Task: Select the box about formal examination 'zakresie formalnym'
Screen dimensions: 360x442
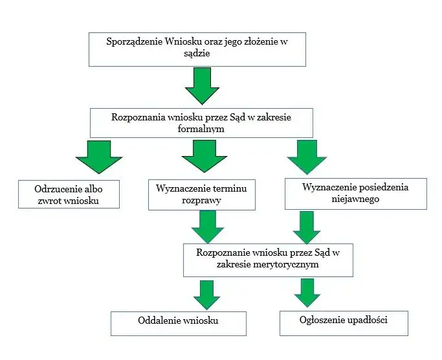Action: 201,122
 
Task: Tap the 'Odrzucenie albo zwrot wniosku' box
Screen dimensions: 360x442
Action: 69,194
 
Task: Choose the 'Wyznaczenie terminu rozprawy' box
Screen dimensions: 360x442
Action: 202,194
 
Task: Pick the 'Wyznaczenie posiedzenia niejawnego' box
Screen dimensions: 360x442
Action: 355,194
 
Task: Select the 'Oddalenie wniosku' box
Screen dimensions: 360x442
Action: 178,322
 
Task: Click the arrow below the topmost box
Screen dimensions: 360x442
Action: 202,87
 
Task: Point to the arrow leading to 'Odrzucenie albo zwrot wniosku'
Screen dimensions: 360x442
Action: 99,157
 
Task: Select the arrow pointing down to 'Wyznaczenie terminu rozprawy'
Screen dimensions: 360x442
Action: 203,157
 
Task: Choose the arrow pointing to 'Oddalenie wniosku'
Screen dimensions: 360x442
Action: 207,294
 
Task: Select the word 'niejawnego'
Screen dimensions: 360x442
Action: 355,199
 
